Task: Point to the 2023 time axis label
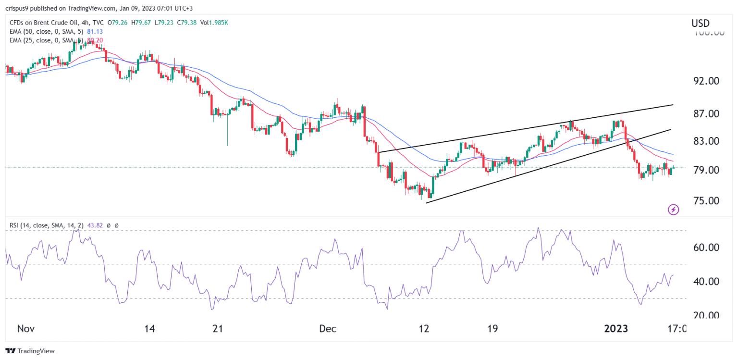click(616, 329)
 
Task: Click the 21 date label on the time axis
click(218, 329)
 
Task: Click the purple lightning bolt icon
click(674, 209)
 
